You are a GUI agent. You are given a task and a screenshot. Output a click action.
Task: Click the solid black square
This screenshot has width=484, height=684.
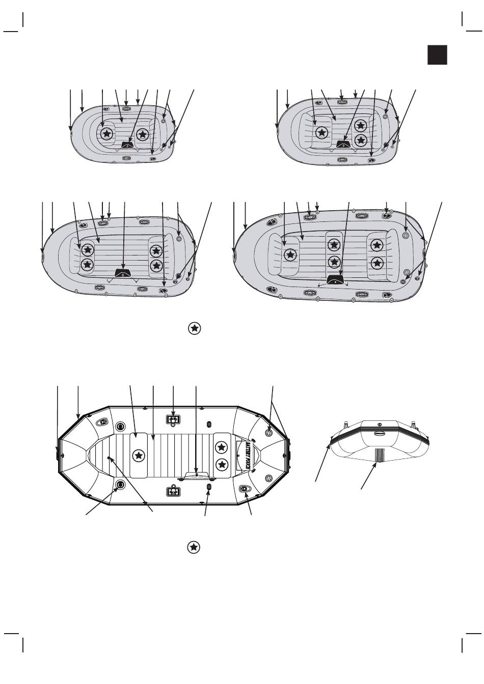click(x=437, y=55)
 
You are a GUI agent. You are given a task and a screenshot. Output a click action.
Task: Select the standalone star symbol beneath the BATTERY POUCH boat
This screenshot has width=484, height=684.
click(x=194, y=548)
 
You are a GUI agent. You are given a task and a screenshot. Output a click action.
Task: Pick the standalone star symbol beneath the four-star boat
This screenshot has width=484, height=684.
click(x=194, y=328)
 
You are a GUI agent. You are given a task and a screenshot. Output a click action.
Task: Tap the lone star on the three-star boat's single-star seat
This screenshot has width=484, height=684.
click(x=321, y=133)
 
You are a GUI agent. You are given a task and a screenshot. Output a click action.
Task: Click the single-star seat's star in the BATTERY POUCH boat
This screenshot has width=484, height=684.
click(x=138, y=454)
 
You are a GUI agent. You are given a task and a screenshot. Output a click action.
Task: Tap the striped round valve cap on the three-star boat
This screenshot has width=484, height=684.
click(x=385, y=117)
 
